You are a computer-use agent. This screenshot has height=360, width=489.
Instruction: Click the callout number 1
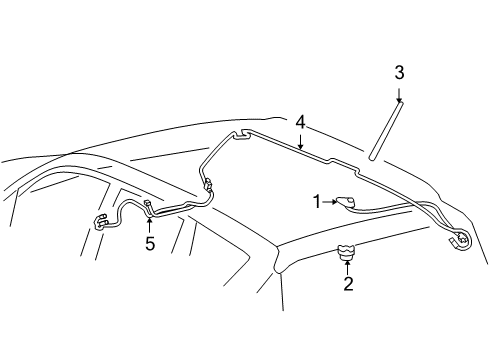(x=317, y=201)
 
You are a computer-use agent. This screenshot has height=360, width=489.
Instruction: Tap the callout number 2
(x=348, y=284)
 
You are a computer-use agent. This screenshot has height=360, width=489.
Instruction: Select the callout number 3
(x=399, y=72)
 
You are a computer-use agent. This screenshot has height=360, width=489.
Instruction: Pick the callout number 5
(x=150, y=243)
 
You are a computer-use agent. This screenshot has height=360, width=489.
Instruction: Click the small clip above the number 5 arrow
(x=148, y=206)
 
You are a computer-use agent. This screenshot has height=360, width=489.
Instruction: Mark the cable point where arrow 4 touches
(x=300, y=147)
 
